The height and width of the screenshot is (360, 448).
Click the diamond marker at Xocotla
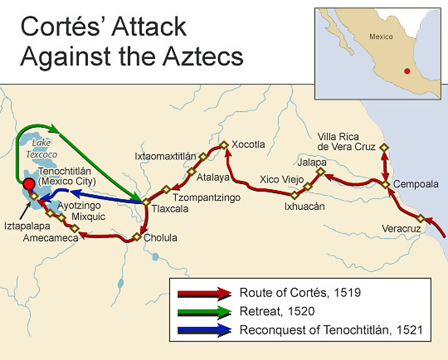point(224,145)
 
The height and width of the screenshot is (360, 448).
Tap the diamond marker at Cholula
point(137,237)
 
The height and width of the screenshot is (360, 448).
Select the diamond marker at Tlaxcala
point(146,202)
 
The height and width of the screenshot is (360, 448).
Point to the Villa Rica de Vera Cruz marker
point(385,147)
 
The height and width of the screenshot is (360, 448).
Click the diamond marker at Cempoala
point(385,185)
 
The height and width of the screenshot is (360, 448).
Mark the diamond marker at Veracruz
point(420,218)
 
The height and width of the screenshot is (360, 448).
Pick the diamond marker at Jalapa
point(320,172)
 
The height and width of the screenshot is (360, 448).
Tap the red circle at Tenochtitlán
point(29,184)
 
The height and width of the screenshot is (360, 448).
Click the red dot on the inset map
point(407,71)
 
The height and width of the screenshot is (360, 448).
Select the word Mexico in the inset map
point(381,37)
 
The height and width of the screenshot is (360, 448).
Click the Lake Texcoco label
point(41,148)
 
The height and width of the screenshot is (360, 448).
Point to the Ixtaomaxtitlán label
point(165,156)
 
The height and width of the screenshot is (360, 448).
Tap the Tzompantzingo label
point(206,197)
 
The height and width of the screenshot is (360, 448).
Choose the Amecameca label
point(50,238)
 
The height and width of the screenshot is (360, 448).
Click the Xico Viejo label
point(281,179)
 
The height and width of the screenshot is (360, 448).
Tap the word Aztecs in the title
point(203,57)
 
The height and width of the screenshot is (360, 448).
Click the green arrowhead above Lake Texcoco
point(54,128)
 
